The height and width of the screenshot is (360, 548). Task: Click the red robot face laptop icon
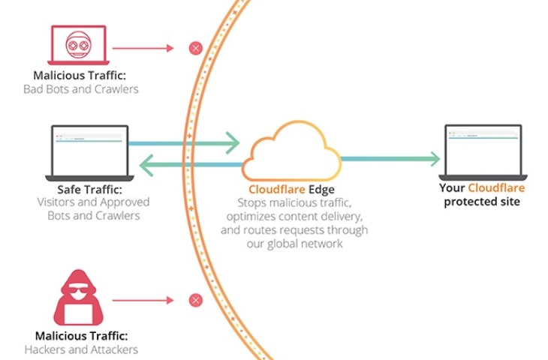click(x=79, y=44)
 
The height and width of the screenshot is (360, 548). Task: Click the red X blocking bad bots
click(x=195, y=48)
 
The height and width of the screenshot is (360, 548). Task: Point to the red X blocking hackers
click(x=195, y=301)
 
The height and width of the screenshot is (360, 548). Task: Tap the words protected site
click(x=481, y=202)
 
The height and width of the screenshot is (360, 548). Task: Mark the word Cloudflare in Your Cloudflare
click(x=496, y=187)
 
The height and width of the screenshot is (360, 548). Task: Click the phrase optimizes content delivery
click(x=294, y=217)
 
